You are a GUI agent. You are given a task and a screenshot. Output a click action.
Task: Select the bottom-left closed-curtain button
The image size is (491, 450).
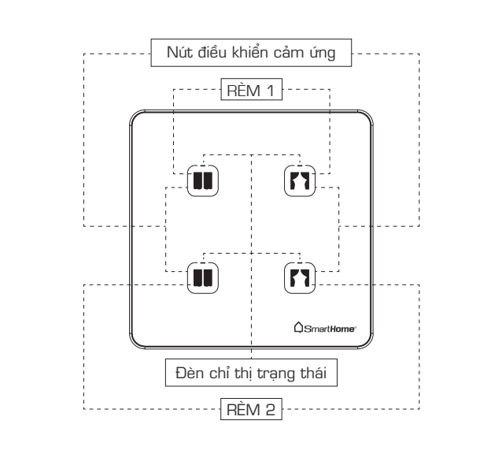coord(202,277)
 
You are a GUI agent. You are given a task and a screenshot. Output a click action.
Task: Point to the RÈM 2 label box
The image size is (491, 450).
coord(251,409)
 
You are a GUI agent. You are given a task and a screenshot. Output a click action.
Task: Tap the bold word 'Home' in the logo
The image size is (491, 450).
coord(341,327)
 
